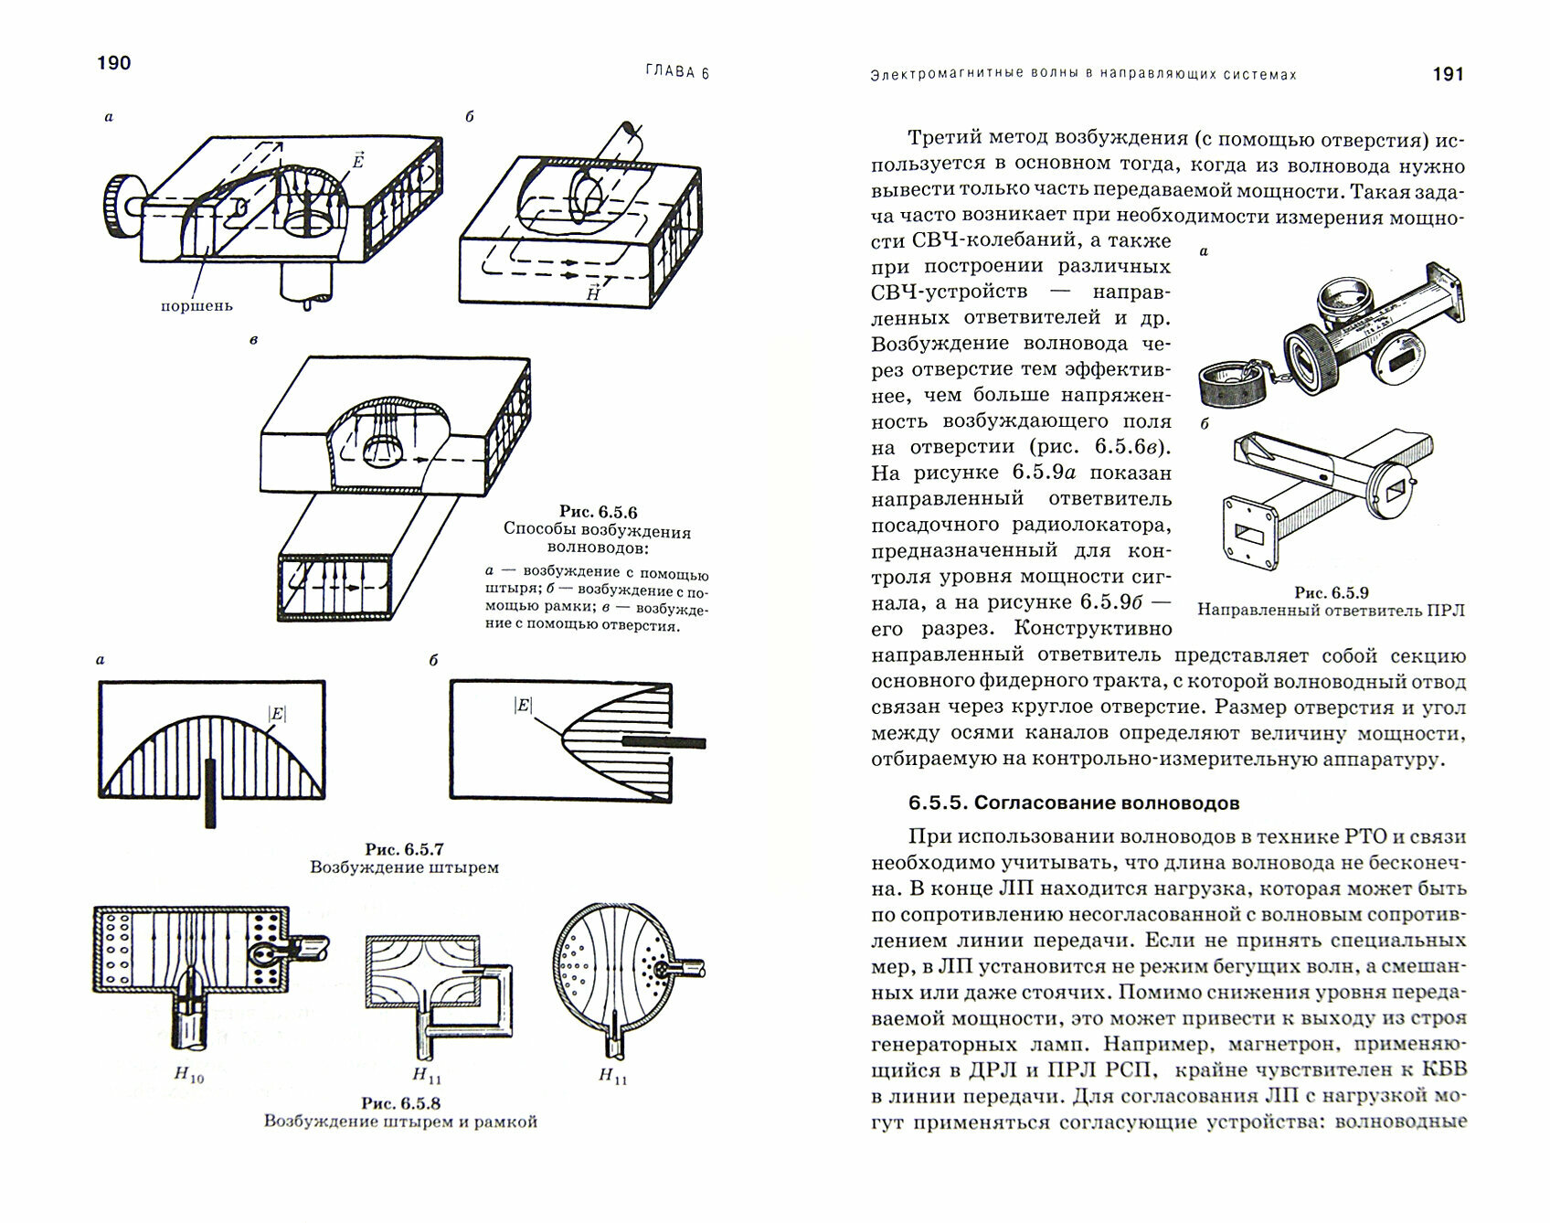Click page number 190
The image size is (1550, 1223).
click(x=114, y=63)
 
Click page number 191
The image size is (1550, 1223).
click(x=1449, y=75)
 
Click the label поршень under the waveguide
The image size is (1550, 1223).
click(x=196, y=305)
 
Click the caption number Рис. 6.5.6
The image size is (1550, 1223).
click(x=598, y=513)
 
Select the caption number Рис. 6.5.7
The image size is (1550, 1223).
click(x=404, y=848)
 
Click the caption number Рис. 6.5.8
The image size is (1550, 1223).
click(x=400, y=1103)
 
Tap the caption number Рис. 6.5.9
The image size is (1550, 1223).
click(x=1331, y=592)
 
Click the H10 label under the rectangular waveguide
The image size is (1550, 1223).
click(x=188, y=1076)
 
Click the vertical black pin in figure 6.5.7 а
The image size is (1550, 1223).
click(x=211, y=792)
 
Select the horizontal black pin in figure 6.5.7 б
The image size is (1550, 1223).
click(x=664, y=742)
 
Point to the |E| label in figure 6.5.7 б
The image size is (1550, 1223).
click(x=523, y=705)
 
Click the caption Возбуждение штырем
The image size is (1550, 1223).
click(x=404, y=867)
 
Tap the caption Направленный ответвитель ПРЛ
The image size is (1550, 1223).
click(x=1331, y=611)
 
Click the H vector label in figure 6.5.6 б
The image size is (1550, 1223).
click(x=593, y=292)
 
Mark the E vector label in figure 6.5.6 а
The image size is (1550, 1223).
click(x=358, y=161)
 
